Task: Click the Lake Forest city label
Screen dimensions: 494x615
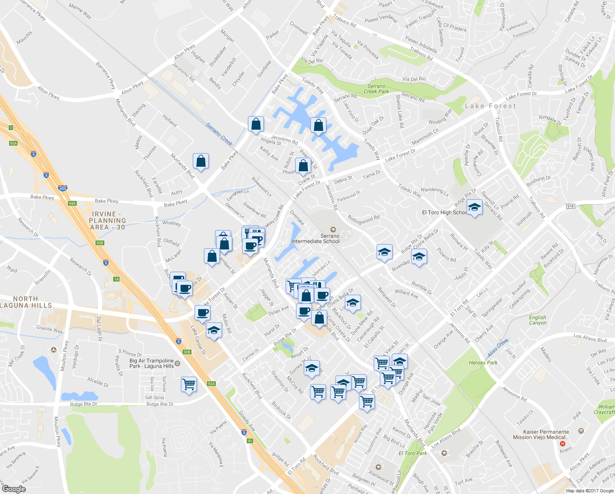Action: click(x=490, y=106)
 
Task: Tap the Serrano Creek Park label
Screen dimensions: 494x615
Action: click(x=376, y=89)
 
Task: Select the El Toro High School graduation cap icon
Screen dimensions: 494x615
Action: click(x=474, y=208)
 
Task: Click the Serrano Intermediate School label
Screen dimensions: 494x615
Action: click(x=316, y=239)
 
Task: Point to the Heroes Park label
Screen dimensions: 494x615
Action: click(x=483, y=363)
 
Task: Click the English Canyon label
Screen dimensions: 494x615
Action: click(x=537, y=320)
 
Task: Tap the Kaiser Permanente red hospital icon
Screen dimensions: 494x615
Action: click(x=563, y=444)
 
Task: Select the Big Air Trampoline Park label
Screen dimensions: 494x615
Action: click(x=152, y=363)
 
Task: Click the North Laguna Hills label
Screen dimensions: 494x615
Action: click(x=26, y=302)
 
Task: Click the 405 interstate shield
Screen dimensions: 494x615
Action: click(x=62, y=188)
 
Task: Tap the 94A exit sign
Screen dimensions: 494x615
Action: click(x=72, y=203)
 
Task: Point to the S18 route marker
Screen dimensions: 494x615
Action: click(x=570, y=206)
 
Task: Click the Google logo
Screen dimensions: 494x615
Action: click(x=14, y=489)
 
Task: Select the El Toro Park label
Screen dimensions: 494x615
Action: click(x=413, y=453)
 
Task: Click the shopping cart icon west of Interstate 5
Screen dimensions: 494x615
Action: click(x=189, y=384)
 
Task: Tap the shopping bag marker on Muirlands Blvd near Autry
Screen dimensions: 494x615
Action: click(x=201, y=161)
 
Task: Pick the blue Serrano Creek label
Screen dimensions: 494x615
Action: click(x=220, y=134)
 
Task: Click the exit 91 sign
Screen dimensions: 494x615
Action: click(x=250, y=441)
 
